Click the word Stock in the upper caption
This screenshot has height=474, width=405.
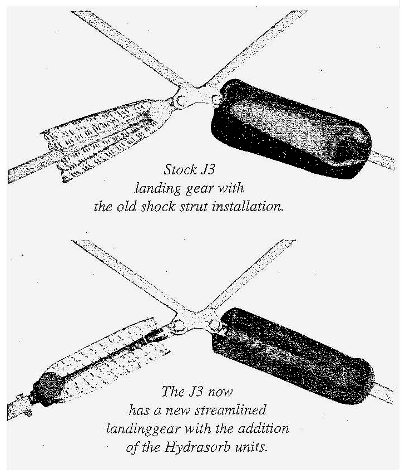(180, 169)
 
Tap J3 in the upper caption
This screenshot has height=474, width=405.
(208, 169)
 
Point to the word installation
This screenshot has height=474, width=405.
(248, 207)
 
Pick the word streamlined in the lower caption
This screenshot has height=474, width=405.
(230, 410)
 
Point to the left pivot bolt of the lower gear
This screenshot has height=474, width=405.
(177, 326)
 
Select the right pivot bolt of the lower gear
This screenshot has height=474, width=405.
(214, 325)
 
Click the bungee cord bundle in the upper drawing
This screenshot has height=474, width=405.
(103, 140)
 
